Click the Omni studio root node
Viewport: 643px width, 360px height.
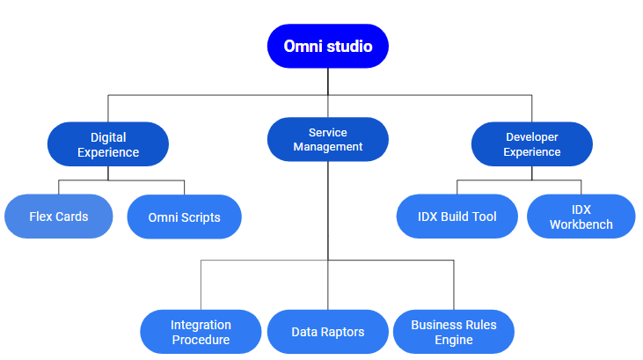pyautogui.click(x=327, y=46)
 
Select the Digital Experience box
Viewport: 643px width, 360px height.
pyautogui.click(x=108, y=144)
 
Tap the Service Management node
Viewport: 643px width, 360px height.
pyautogui.click(x=327, y=139)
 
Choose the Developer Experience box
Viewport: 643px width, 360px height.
pyautogui.click(x=532, y=144)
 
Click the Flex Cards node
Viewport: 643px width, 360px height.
pyautogui.click(x=59, y=217)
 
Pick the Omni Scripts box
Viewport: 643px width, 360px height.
pyautogui.click(x=184, y=217)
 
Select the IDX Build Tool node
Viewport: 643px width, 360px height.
pyautogui.click(x=457, y=217)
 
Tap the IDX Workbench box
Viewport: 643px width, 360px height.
pyautogui.click(x=581, y=217)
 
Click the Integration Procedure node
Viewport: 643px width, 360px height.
pyautogui.click(x=201, y=332)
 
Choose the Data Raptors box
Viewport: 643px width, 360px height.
pyautogui.click(x=327, y=332)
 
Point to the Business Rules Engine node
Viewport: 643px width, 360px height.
pyautogui.click(x=454, y=332)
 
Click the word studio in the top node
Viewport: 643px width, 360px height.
pyautogui.click(x=350, y=47)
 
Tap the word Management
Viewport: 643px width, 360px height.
pyautogui.click(x=327, y=147)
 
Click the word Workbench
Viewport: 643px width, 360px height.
pyautogui.click(x=581, y=224)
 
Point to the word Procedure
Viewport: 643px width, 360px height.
pyautogui.click(x=201, y=340)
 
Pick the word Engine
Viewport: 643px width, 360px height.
pyautogui.click(x=454, y=340)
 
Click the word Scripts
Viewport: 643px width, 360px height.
pyautogui.click(x=201, y=217)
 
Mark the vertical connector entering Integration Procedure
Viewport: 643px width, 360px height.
pyautogui.click(x=201, y=285)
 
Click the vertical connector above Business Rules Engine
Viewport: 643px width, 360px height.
pyautogui.click(x=454, y=285)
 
